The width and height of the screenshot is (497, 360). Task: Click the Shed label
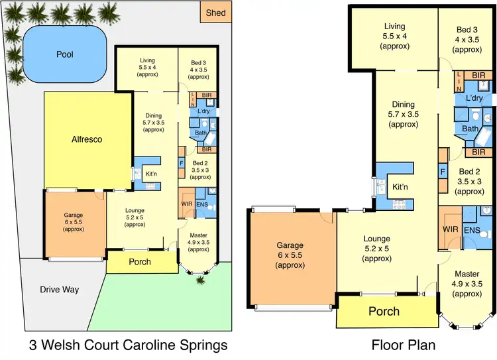tap(216, 12)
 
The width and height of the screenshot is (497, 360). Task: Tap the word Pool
tap(65, 54)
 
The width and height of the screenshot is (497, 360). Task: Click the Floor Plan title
tap(404, 345)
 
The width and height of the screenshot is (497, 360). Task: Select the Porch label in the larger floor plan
tap(384, 311)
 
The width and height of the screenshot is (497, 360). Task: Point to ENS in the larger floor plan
tap(472, 230)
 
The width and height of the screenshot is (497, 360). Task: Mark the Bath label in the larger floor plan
tap(470, 129)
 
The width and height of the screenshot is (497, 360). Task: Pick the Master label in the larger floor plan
tap(467, 274)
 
